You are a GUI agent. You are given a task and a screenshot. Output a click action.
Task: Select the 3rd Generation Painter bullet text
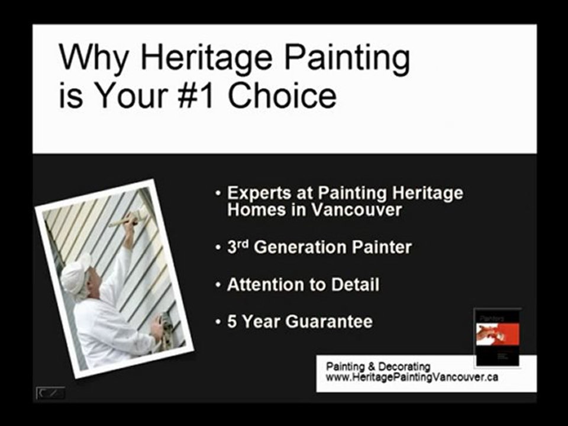pos(319,247)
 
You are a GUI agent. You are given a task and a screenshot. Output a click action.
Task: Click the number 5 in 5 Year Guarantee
pos(232,322)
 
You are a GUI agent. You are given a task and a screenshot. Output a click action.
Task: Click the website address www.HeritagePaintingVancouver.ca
pos(412,377)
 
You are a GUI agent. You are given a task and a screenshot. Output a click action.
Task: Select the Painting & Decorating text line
pos(378,367)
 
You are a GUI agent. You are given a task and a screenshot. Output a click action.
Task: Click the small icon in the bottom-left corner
pos(50,393)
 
